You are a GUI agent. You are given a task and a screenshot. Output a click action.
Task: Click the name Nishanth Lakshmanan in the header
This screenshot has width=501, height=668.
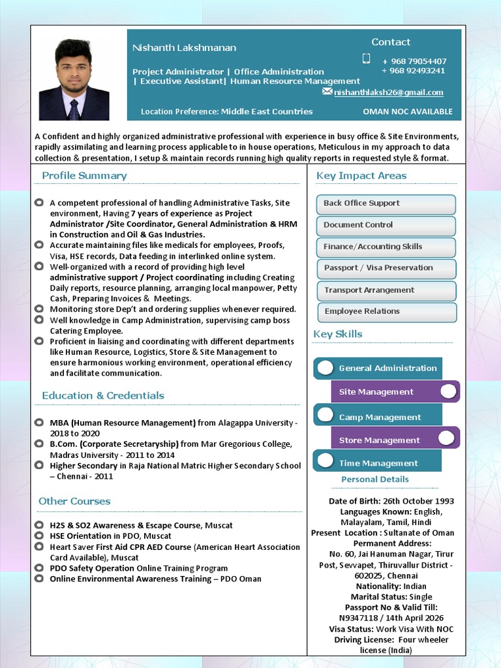pos(184,48)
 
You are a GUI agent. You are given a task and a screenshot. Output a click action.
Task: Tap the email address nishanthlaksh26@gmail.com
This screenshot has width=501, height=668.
pos(388,93)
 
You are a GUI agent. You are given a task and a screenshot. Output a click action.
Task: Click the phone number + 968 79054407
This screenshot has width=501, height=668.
pos(414,61)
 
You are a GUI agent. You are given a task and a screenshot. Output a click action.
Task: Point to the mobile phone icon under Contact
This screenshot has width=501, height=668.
pos(366,59)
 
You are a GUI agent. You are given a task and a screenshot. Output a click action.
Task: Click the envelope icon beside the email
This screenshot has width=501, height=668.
pos(327,92)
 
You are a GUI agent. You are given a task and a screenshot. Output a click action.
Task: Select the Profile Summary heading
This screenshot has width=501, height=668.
pos(84,175)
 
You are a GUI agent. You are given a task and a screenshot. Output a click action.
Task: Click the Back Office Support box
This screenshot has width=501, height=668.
pos(386,204)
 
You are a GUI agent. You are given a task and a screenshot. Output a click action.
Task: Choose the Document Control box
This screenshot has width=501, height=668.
pos(386,225)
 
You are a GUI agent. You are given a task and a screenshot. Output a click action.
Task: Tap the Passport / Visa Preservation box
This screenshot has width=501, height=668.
pos(386,268)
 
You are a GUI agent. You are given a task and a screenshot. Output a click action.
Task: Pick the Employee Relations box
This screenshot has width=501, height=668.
pos(386,312)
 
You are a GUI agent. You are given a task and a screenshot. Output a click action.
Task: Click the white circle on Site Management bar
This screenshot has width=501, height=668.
pos(448,391)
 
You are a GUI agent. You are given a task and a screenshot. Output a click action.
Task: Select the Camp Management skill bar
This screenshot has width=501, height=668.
pos(378,417)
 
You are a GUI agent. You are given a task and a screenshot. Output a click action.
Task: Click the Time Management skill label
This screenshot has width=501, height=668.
pos(378,463)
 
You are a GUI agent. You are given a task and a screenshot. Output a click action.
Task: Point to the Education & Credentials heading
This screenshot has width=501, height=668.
pos(103,395)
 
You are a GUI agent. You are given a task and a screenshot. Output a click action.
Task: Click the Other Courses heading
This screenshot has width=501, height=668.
pos(74,501)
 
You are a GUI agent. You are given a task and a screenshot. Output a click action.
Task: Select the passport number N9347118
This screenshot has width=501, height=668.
pos(361,618)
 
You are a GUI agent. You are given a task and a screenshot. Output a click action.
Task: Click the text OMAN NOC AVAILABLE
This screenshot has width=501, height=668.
pos(408,112)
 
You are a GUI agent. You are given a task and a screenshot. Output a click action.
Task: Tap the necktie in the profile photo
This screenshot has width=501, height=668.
pos(74,109)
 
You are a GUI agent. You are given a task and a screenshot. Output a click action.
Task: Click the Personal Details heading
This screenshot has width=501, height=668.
pos(375,479)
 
